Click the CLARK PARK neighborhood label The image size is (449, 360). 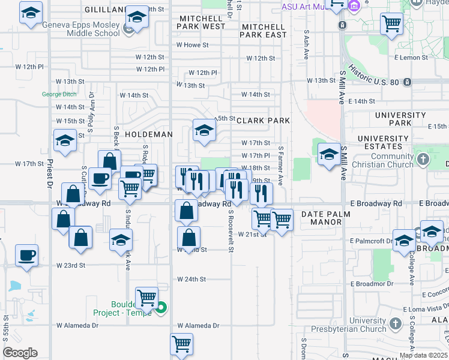click(263, 121)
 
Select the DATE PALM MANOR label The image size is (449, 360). click(322, 218)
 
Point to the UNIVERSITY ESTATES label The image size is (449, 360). click(379, 142)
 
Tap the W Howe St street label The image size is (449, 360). click(192, 45)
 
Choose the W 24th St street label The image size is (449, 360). click(191, 279)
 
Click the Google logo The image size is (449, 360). click(20, 353)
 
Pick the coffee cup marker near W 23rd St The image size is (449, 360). click(26, 255)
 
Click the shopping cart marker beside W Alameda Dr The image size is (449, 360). click(181, 344)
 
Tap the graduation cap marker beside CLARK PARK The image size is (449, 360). click(204, 131)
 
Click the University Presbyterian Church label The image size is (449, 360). click(367, 325)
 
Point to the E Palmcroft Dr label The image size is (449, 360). click(372, 241)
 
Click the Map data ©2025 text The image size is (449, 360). click(423, 355)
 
